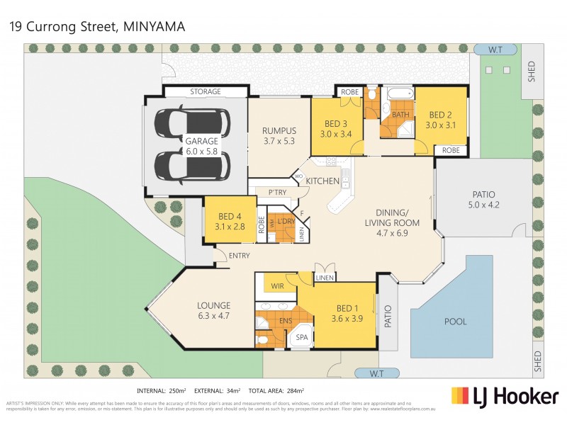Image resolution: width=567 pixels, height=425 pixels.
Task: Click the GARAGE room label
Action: (192, 140)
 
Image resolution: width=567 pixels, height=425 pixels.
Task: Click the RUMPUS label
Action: (279, 130)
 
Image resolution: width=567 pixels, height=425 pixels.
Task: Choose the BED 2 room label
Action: (439, 115)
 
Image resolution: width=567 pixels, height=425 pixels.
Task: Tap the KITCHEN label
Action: (322, 181)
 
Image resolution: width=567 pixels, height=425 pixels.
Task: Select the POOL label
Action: (456, 322)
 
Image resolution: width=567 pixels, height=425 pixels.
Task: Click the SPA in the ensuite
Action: (301, 337)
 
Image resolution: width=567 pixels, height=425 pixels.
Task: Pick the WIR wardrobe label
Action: (277, 286)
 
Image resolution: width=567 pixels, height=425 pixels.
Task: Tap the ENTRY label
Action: (239, 256)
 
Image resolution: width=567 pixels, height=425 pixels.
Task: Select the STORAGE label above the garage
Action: (206, 92)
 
